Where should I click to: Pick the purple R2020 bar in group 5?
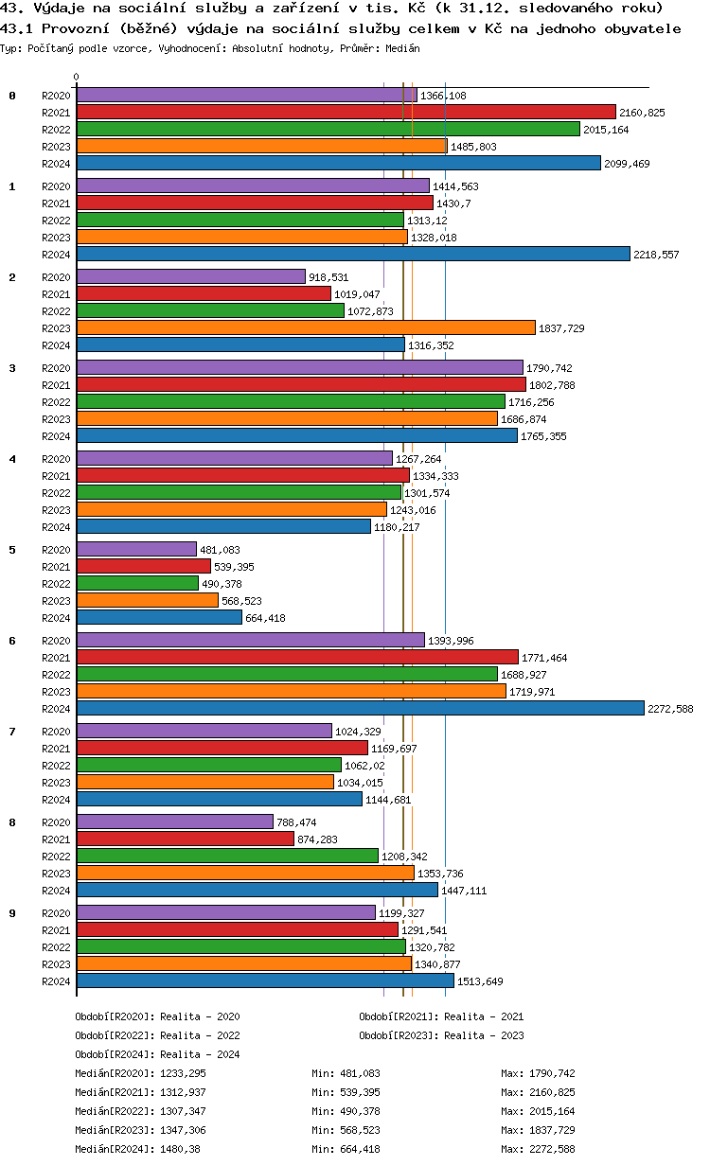point(136,549)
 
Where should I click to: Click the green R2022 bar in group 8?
point(227,856)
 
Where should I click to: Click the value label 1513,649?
point(480,981)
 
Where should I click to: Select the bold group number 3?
point(12,367)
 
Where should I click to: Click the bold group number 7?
point(12,731)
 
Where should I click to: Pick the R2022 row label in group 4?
point(56,493)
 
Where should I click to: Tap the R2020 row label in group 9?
point(56,913)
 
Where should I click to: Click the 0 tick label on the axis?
point(77,78)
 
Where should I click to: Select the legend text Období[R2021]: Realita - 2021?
point(441,1016)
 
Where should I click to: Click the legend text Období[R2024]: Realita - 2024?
point(157,1054)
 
